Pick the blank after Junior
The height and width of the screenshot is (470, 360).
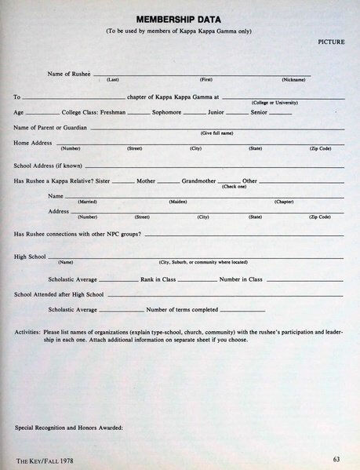[x=236, y=114]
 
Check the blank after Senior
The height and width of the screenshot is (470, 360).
[x=280, y=114]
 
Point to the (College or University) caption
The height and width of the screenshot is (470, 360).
[x=278, y=103]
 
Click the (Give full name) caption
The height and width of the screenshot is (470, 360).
[x=217, y=133]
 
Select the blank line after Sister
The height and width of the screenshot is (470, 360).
[x=123, y=182]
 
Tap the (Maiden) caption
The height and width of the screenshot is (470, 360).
[x=178, y=202]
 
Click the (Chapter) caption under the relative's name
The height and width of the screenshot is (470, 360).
[x=283, y=202]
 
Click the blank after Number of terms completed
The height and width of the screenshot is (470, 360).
[x=242, y=310]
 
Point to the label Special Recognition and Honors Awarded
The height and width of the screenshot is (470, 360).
[x=69, y=427]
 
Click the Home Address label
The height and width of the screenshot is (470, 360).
[x=33, y=143]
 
